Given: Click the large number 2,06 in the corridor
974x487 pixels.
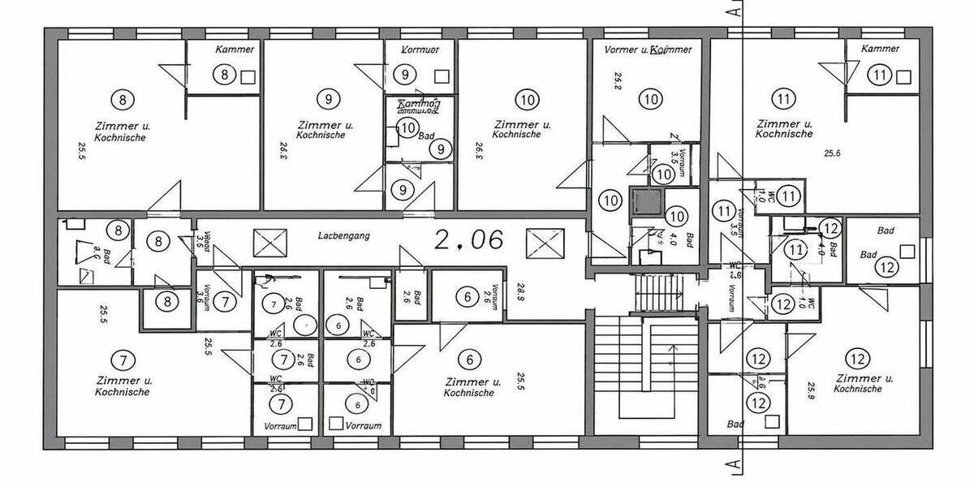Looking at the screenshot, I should point(469,239).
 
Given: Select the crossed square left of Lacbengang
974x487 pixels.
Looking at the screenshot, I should point(270,242).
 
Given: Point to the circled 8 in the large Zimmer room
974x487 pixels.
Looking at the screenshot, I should point(123,100).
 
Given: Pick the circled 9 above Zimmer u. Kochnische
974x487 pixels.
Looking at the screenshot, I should point(327,100).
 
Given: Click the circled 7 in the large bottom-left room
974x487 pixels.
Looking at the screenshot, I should point(123,360).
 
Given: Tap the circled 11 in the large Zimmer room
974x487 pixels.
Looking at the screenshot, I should point(783,100).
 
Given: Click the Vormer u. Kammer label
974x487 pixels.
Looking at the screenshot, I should point(649,50).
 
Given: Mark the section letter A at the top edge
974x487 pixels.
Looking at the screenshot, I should point(733,11).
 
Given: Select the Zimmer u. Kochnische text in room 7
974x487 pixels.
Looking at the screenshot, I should point(123,386).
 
